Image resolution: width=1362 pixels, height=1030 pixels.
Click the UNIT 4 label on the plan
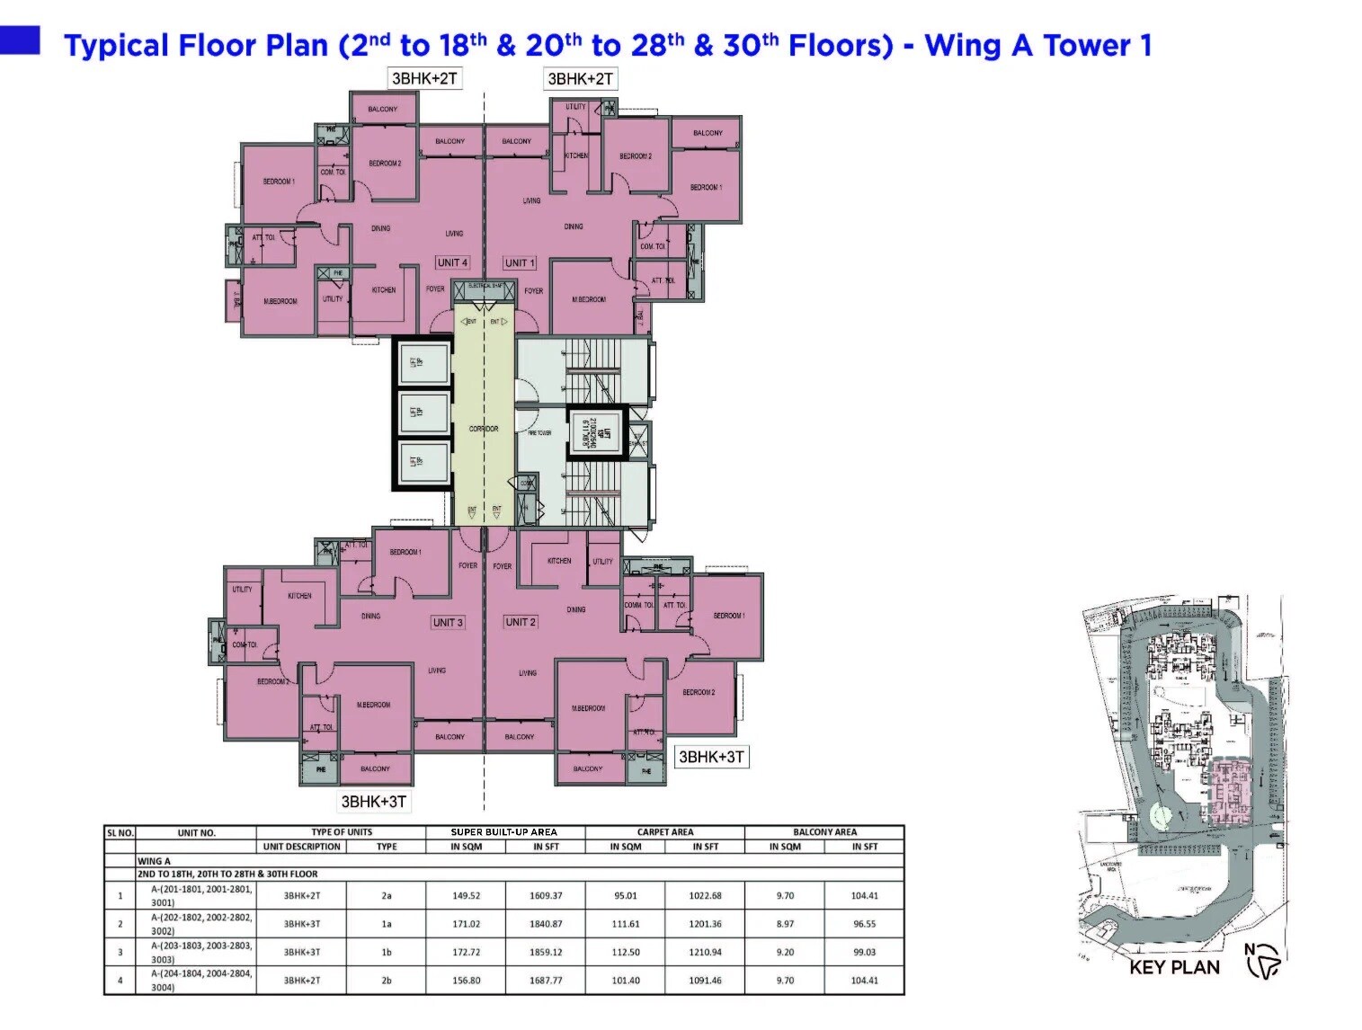[452, 262]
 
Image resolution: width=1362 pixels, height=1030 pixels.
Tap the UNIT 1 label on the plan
[520, 262]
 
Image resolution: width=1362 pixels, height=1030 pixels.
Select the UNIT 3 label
[448, 622]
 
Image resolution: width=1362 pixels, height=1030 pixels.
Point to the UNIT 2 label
[521, 621]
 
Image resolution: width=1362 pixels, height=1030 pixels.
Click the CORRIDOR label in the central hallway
[484, 429]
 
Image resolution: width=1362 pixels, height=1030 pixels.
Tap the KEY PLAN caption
[1174, 967]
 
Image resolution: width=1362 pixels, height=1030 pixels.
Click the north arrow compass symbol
[1263, 961]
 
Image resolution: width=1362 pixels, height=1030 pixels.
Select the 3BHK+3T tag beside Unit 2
[711, 757]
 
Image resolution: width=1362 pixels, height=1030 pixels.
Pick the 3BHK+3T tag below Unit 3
[374, 801]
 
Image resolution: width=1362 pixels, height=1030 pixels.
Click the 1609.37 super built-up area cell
[546, 895]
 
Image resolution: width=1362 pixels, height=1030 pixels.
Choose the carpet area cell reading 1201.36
[705, 923]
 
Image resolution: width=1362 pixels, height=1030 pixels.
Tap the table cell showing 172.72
[467, 952]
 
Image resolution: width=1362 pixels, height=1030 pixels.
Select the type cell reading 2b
[387, 980]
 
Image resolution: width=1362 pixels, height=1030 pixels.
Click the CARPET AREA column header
[665, 832]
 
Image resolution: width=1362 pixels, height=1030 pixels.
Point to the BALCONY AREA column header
[824, 832]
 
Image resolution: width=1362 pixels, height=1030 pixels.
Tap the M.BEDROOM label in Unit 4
[280, 301]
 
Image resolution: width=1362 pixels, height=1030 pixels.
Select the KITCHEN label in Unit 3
[299, 595]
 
